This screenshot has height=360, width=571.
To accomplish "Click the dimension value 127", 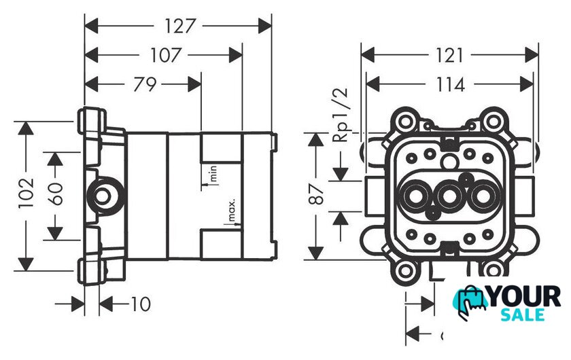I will [179, 26].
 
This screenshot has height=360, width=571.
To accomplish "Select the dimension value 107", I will [166, 55].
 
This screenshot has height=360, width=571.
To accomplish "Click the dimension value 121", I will [449, 55].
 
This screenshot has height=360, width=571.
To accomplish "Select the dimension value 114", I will [449, 84].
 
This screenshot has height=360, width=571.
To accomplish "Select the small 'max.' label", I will [231, 211].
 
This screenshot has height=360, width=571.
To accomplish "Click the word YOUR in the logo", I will [524, 297].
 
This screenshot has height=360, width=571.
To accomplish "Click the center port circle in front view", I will [449, 198].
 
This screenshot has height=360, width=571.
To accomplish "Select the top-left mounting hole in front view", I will [406, 123].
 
